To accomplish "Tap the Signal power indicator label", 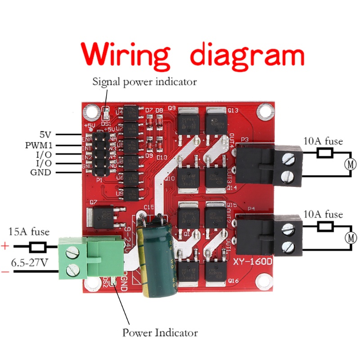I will (x=144, y=82).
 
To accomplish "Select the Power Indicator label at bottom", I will (x=160, y=333).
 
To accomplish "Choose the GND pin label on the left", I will (x=40, y=172).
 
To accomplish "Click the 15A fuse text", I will (x=29, y=233).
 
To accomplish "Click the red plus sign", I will (x=5, y=247).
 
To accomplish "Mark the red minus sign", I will (x=5, y=271).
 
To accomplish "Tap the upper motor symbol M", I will (x=351, y=164).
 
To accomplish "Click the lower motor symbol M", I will (x=351, y=237).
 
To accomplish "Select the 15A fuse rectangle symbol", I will (x=37, y=247).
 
